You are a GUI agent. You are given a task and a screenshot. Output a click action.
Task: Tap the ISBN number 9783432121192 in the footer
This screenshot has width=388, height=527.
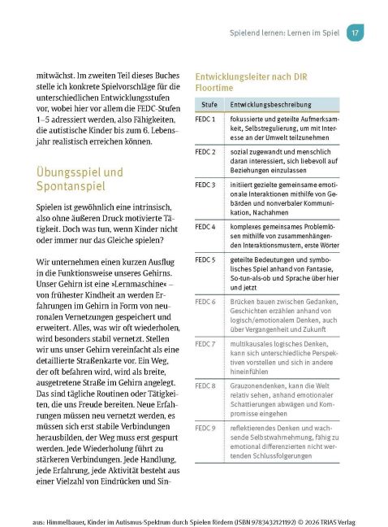point(282,515)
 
